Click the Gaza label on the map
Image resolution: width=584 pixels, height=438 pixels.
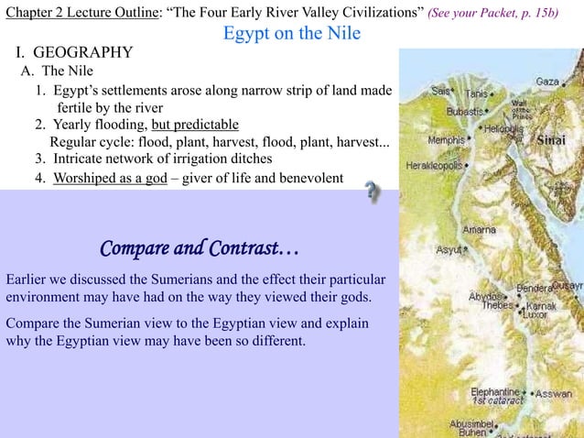(x=547, y=82)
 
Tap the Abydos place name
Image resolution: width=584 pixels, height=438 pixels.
(x=485, y=296)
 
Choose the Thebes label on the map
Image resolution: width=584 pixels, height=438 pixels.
(x=497, y=305)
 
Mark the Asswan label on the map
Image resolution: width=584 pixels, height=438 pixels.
(x=554, y=395)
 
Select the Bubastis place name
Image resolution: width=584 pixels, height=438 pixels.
(x=465, y=111)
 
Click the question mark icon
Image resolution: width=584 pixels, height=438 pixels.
(x=372, y=193)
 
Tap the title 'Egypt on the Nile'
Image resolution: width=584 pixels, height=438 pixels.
(x=292, y=34)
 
